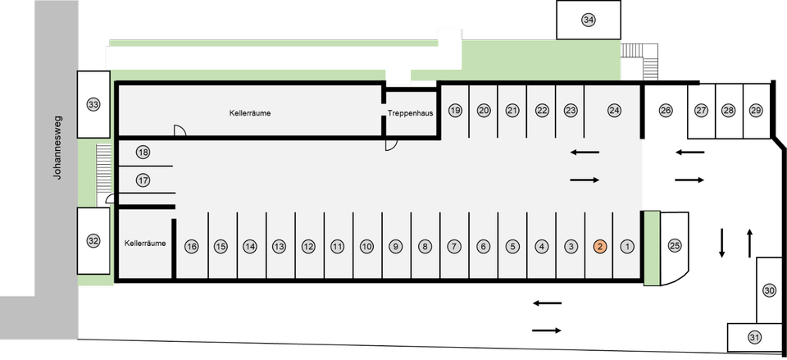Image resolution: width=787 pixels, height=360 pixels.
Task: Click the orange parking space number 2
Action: coord(600,246)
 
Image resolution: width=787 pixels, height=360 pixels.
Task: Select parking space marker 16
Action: coord(192,246)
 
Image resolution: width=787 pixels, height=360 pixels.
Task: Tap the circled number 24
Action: coord(614,110)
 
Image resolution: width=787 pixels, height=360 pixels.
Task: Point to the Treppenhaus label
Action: coord(411,113)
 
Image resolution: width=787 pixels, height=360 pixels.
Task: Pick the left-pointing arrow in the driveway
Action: coord(585,152)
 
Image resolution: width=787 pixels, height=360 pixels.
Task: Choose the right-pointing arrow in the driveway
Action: coord(585,180)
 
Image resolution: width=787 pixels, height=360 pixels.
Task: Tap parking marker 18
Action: coord(143,153)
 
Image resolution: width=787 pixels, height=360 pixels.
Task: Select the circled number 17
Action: coord(143,180)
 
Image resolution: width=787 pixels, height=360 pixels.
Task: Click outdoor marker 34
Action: coord(589,20)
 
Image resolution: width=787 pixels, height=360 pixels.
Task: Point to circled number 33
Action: coord(93,104)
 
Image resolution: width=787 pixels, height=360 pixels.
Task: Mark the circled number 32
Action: coord(93,241)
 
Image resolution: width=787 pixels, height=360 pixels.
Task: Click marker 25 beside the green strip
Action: coord(675,245)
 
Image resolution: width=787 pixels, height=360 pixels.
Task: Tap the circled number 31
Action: coord(755,337)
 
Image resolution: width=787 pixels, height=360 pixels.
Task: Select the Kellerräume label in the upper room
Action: coord(250,113)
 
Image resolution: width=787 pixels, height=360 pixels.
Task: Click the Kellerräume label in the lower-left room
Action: coord(145,243)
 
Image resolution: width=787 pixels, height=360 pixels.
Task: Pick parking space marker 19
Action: coord(455,110)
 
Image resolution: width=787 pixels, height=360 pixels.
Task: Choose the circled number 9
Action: coord(395,246)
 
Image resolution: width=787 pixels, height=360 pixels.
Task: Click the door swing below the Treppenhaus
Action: coord(392,144)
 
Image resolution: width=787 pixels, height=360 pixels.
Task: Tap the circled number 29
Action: coord(756,110)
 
